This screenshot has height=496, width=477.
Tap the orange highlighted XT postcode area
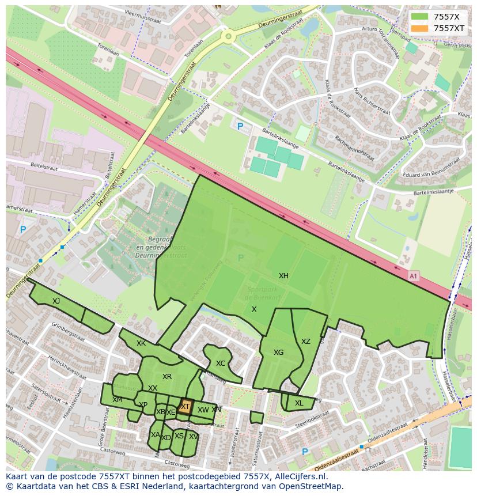[x=185, y=406]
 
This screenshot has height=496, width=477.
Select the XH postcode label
[x=283, y=276]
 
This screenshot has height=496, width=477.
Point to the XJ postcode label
[x=56, y=301]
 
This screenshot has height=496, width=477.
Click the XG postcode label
[x=278, y=353]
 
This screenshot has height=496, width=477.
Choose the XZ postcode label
[x=305, y=342]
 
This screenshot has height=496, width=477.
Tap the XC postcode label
[x=221, y=364]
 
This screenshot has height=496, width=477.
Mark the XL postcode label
[x=298, y=403]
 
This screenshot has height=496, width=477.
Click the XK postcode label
[x=141, y=343]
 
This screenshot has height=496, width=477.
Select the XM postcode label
[x=117, y=400]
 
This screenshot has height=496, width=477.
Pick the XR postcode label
[x=166, y=377]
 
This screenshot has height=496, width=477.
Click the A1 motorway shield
[x=412, y=277]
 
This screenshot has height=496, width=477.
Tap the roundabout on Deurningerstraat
[x=228, y=37]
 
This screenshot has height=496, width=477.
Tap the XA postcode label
[x=155, y=434]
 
